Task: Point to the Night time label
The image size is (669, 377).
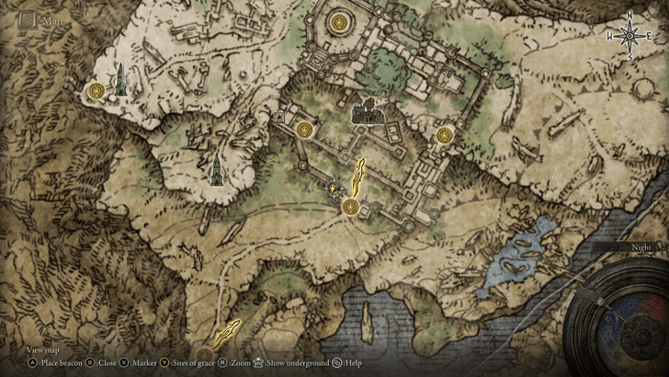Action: click(641, 247)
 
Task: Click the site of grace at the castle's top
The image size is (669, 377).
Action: click(341, 20)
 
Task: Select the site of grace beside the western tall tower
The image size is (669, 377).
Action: click(96, 90)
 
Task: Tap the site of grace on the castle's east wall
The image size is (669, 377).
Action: click(445, 135)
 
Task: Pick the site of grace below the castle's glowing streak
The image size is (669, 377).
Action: click(350, 207)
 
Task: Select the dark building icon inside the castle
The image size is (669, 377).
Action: click(369, 113)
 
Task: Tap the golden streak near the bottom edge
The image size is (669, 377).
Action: click(227, 332)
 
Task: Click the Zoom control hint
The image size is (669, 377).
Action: click(236, 363)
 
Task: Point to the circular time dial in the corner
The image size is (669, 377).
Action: click(617, 322)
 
